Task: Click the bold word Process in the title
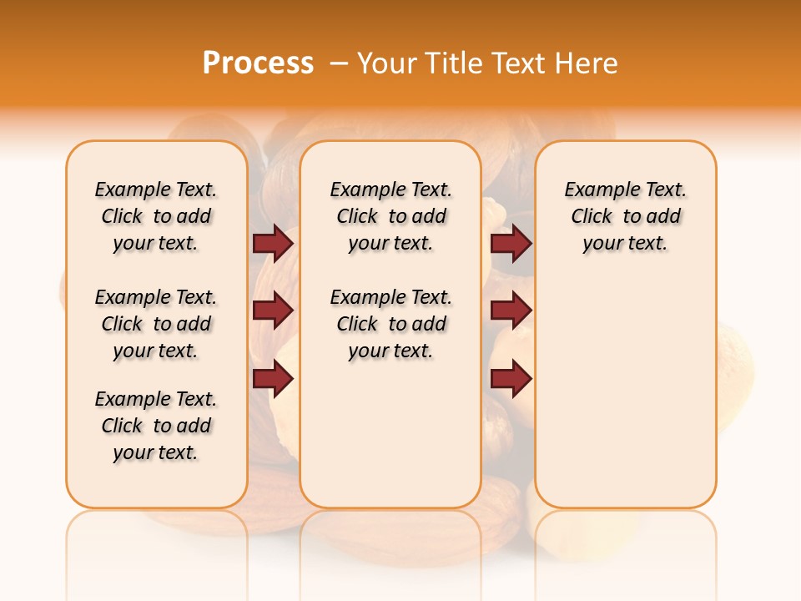coord(258,63)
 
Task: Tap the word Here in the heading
coord(587,63)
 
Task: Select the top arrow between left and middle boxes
coord(273,243)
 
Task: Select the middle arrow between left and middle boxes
coord(273,311)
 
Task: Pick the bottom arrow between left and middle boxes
coord(273,379)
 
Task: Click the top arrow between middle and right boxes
coord(511,243)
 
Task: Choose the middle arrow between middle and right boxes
coord(511,311)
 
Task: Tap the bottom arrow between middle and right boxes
coord(511,379)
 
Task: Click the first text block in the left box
coord(156,216)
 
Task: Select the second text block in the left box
coord(156,324)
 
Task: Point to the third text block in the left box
coord(156,426)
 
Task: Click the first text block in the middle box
coord(390,216)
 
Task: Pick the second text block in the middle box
coord(390,324)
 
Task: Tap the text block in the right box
coord(626,216)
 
